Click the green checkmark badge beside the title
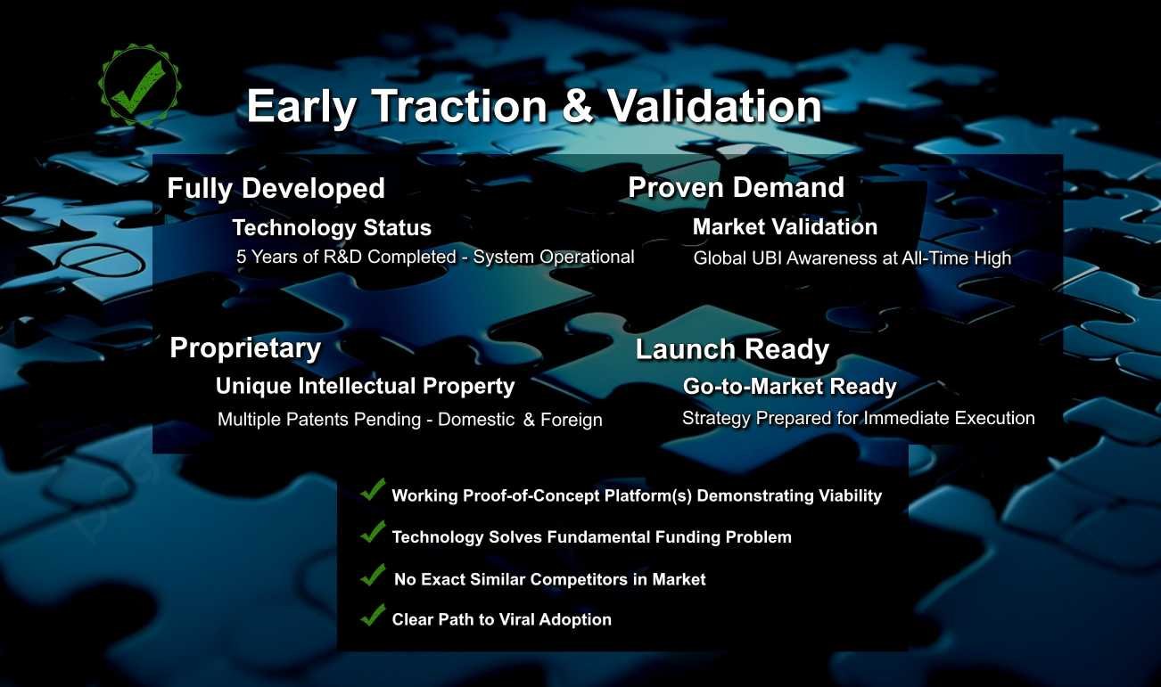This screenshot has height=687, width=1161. coord(139,85)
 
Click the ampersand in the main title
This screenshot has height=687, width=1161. coord(576,106)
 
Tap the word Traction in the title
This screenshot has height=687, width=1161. coord(460,106)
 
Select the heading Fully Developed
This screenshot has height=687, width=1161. coord(276,189)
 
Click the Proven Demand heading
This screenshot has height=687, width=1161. coord(736,187)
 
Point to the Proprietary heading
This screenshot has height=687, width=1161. coord(245,348)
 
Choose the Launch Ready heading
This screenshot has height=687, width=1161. coord(732,349)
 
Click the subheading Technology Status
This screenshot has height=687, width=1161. coord(332,228)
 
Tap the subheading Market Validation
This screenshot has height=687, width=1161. coord(785,227)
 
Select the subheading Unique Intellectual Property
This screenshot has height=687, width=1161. coord(365,387)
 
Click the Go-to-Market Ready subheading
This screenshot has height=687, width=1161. coord(789,387)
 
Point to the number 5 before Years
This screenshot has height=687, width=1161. coord(241,257)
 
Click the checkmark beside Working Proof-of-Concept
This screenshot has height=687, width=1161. coord(373,489)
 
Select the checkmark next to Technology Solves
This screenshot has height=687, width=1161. coord(373,532)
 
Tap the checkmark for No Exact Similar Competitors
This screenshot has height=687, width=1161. coord(373,575)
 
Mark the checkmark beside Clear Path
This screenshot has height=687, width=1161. coord(373,615)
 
